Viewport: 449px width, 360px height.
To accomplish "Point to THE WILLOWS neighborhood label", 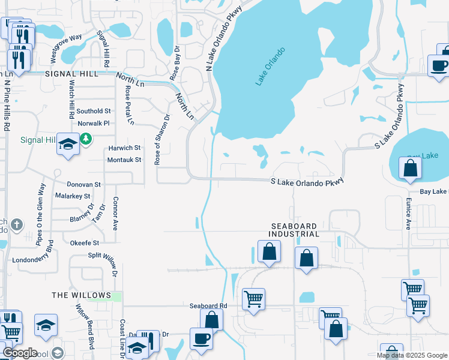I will [81, 295].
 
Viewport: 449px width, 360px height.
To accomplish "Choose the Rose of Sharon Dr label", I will [158, 140].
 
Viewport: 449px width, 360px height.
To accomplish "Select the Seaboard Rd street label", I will [208, 305].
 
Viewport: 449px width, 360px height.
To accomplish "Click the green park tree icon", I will [86, 139].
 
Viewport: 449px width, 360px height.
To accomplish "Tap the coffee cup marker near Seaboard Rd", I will [201, 338].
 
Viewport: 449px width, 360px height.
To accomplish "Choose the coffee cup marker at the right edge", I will [438, 65].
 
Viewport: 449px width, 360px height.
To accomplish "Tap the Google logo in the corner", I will [19, 353].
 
